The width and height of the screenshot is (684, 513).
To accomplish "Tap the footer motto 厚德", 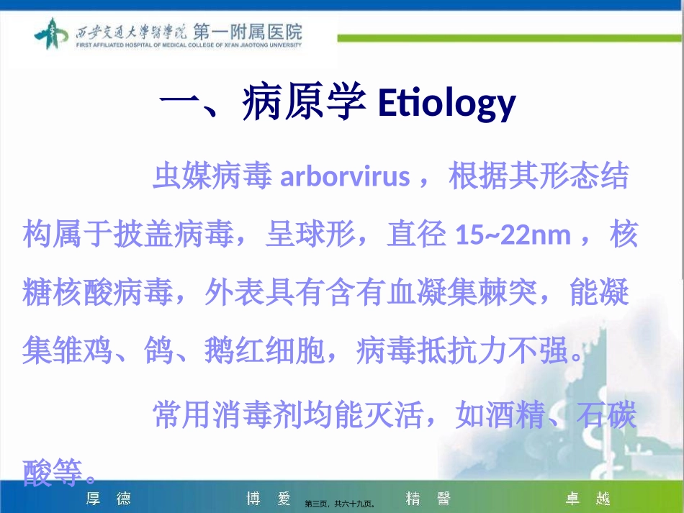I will tap(108, 498).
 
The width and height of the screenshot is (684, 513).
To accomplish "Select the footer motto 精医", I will tap(428, 498).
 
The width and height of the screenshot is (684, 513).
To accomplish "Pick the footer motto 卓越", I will tap(588, 498).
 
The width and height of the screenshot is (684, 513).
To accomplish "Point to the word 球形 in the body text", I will tap(324, 235).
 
